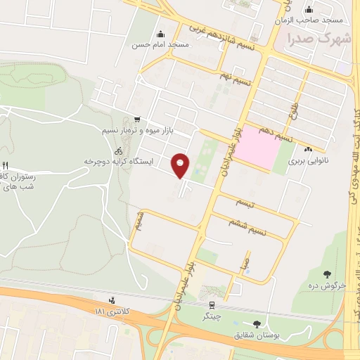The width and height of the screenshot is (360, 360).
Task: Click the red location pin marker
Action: coord(181,165)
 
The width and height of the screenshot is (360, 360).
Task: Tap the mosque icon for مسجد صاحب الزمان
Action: coord(309,9)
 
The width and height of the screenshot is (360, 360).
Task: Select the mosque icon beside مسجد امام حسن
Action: coord(161,34)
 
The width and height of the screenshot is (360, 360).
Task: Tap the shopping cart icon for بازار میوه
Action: coord(136,120)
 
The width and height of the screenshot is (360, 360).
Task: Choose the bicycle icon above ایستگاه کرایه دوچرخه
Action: coord(119,150)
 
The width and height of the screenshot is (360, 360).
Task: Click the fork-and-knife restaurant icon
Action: coord(6,165)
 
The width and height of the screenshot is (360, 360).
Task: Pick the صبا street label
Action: coord(243,265)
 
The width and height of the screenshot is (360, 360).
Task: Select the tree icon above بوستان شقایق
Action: coord(256,324)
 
